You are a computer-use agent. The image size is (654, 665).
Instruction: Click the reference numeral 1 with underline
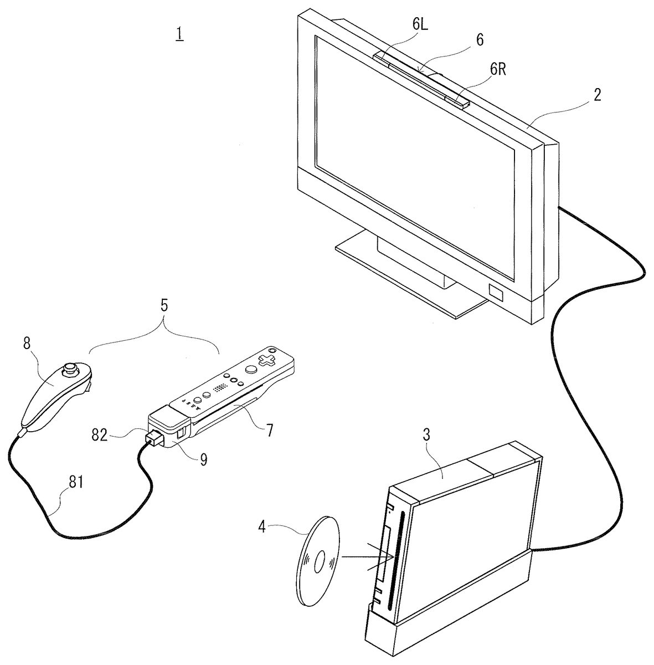point(180,34)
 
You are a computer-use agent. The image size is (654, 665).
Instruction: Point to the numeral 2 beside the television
point(597,95)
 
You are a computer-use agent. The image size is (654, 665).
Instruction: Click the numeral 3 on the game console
point(426,435)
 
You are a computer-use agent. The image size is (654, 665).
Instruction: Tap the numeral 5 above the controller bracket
point(164,305)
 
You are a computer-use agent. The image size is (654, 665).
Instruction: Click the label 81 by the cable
point(76,482)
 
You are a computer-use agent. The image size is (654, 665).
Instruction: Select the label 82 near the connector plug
point(99,435)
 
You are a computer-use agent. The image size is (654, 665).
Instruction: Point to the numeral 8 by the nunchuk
point(27,343)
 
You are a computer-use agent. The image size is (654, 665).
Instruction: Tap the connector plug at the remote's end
point(155,438)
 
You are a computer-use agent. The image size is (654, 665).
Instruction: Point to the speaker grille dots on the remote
point(220,388)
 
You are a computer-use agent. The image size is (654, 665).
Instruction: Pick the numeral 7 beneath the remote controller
point(269,431)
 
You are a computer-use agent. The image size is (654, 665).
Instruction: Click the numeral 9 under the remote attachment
point(204,459)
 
